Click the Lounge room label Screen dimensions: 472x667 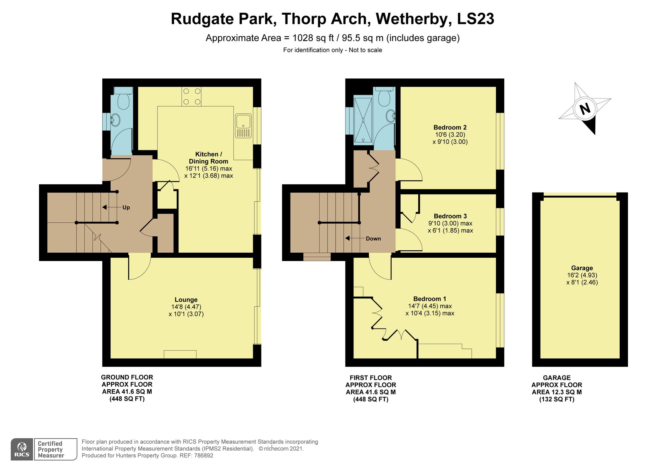(186, 300)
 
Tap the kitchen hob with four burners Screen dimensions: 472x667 (191, 96)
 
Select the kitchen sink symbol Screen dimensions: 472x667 (243, 126)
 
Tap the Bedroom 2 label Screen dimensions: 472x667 (450, 127)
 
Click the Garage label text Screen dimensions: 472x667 (582, 268)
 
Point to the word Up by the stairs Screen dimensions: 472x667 (126, 207)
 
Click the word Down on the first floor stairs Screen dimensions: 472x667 (373, 238)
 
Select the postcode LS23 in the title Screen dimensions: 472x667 (475, 19)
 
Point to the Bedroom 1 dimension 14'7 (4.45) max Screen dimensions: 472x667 (430, 306)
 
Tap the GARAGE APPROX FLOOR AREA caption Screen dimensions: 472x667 (557, 388)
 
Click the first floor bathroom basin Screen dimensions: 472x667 (391, 116)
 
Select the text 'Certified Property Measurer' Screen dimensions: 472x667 (51, 449)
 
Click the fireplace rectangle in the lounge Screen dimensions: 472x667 (180, 354)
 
